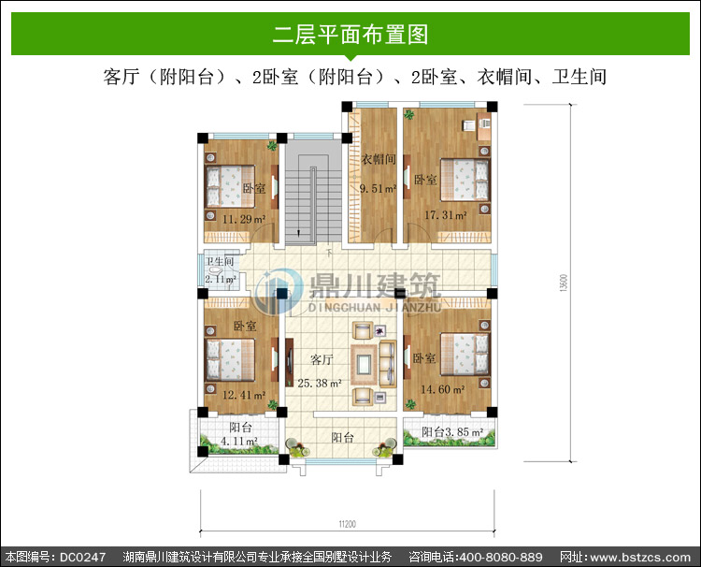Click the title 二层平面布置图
[x=350, y=35]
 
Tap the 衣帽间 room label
[x=379, y=159]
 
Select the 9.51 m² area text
[x=379, y=189]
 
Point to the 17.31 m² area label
[x=445, y=215]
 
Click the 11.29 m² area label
[x=244, y=219]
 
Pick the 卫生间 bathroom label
[x=220, y=261]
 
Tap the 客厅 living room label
[x=322, y=359]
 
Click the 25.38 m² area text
[x=320, y=383]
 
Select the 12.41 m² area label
[x=244, y=395]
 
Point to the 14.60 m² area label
[x=443, y=389]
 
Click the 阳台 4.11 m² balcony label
[x=240, y=434]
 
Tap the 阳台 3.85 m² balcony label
[x=452, y=432]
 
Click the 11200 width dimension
[x=347, y=524]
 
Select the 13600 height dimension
[x=564, y=283]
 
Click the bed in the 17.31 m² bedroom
[x=465, y=180]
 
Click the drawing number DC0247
[x=82, y=557]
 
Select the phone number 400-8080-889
[x=501, y=557]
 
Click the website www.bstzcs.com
[x=640, y=558]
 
